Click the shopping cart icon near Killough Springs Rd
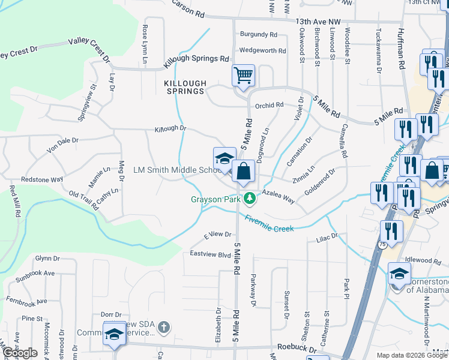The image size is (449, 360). tap(243, 76)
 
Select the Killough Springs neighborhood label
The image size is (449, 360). tap(185, 88)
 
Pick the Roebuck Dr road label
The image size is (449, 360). tap(297, 347)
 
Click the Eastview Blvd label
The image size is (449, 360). tap(211, 255)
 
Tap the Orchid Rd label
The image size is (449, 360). tap(269, 105)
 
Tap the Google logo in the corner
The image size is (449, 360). tap(20, 353)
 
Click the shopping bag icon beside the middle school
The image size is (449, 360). tap(243, 171)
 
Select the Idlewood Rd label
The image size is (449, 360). tap(423, 260)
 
